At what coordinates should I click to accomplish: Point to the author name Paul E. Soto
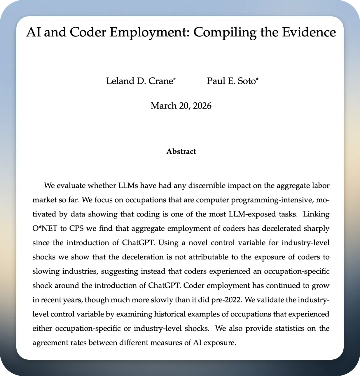coord(231,81)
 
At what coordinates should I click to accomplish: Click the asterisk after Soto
coord(257,80)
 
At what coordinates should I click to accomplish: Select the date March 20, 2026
coord(181,106)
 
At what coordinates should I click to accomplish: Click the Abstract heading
coord(181,152)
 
